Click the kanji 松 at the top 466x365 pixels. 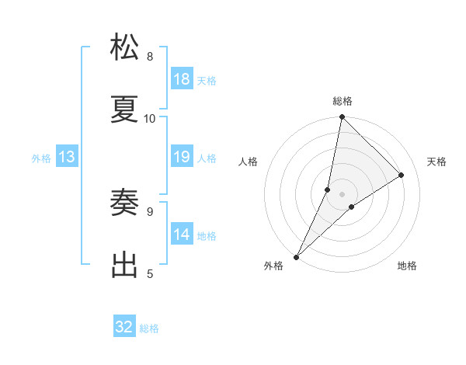[x=125, y=47]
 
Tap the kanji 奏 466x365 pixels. [x=125, y=203]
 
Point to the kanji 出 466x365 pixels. [x=125, y=265]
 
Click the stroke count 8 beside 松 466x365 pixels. [x=150, y=56]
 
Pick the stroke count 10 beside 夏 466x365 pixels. [x=150, y=118]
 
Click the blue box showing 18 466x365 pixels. [x=182, y=79]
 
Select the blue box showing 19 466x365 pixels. [x=182, y=157]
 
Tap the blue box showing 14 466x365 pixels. [x=182, y=235]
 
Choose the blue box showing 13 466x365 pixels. [x=67, y=157]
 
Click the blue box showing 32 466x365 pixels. [x=124, y=327]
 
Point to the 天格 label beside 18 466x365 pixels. [x=207, y=80]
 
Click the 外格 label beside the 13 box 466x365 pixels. [x=41, y=158]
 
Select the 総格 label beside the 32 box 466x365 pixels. [x=149, y=328]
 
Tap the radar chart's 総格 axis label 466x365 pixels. [x=342, y=101]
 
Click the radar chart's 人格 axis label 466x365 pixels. [x=249, y=162]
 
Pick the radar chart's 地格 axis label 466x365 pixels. [x=407, y=266]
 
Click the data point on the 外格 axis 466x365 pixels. [x=296, y=256]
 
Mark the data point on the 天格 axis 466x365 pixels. [x=402, y=175]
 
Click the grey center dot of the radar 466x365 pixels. [x=342, y=193]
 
